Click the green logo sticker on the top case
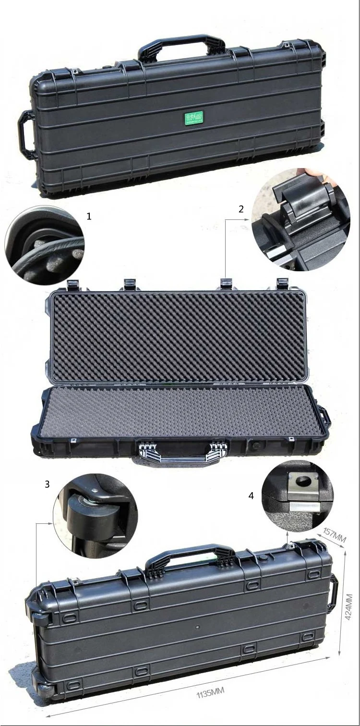194,117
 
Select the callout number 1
89,217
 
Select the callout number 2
241,208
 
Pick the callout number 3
47,484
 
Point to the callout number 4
251,496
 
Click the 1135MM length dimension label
210,692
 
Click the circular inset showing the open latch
301,219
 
